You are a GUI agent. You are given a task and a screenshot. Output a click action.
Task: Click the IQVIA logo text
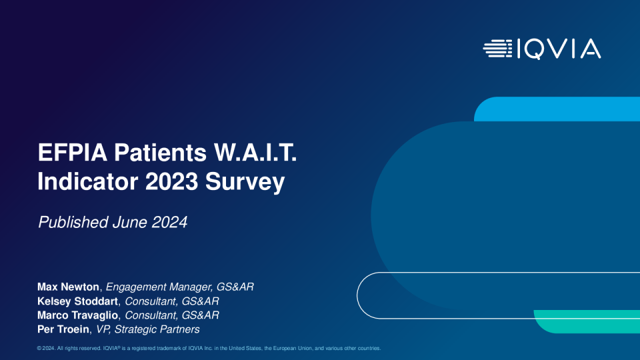559,49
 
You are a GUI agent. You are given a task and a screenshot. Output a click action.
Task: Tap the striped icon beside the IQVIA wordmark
497,49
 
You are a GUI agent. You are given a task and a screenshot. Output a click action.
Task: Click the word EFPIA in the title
72,153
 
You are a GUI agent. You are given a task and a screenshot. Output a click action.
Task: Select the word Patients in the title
160,153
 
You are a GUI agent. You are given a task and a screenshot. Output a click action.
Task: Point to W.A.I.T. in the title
255,153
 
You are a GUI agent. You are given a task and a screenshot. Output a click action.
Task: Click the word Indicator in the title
88,181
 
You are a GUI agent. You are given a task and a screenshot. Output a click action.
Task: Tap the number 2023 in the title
172,181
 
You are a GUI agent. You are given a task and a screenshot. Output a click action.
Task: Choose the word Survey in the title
245,183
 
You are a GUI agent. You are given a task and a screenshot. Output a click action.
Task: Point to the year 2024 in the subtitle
170,223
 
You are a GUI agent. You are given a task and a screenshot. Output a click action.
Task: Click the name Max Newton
68,287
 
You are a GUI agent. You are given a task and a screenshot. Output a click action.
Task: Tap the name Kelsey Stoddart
77,301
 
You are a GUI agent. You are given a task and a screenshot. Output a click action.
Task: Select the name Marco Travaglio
77,315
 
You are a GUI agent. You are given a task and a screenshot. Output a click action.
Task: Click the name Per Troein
63,329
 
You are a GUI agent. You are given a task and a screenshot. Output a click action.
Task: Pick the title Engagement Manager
159,287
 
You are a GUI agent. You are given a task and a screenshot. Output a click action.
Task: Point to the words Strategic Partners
157,329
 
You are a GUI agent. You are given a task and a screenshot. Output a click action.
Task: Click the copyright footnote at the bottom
209,348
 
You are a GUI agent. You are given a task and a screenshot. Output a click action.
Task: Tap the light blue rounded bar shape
557,109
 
